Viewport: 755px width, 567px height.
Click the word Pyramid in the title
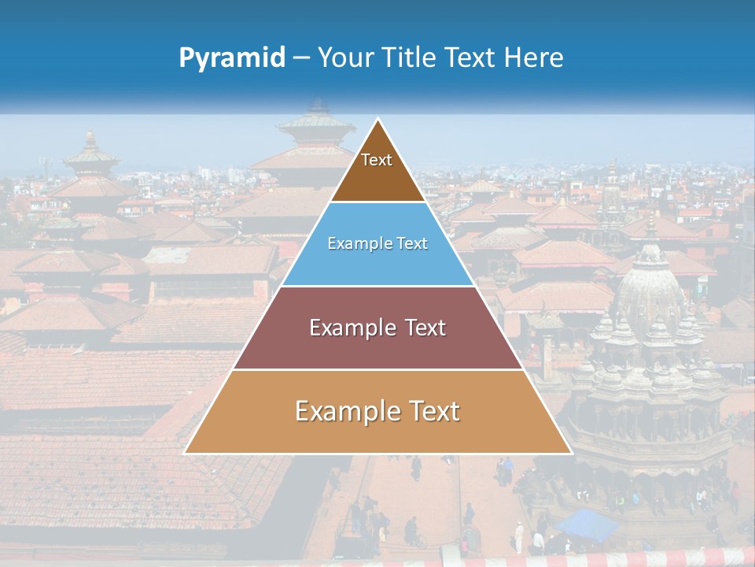[x=232, y=57]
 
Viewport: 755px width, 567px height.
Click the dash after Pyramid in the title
[x=301, y=58]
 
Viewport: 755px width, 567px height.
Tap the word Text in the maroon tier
[x=426, y=328]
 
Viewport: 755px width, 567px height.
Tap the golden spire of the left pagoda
[x=90, y=142]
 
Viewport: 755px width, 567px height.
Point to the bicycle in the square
[x=417, y=541]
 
